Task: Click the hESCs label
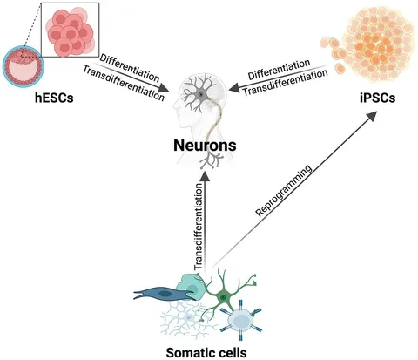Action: [54, 98]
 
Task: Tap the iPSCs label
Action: [377, 98]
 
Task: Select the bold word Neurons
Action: [205, 145]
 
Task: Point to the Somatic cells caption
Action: [206, 353]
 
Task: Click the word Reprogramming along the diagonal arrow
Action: [284, 191]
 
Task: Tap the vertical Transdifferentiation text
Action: [199, 227]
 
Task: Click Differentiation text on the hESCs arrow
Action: [130, 68]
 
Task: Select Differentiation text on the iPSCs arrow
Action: [279, 69]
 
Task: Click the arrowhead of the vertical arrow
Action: [206, 177]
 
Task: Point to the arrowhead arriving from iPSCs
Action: [234, 87]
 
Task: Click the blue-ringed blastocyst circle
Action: [24, 66]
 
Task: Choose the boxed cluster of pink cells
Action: [71, 30]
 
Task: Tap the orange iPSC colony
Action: [368, 44]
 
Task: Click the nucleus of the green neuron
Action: [223, 297]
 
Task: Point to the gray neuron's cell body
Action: [200, 95]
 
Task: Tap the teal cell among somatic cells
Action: [190, 286]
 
